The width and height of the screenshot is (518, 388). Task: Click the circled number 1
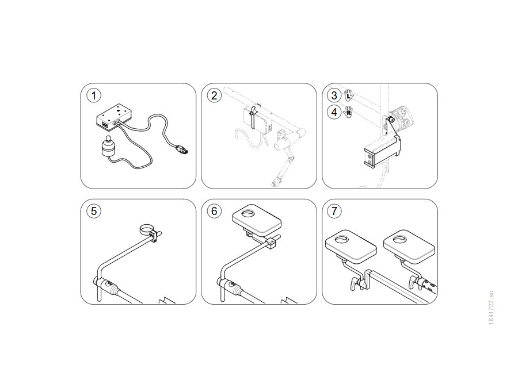(x=94, y=95)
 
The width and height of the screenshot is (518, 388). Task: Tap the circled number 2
(x=214, y=95)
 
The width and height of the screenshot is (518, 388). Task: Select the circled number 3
(x=334, y=95)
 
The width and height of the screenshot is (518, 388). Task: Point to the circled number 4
(x=334, y=112)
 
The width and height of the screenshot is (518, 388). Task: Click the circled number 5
(x=94, y=211)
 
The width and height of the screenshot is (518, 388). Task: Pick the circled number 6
(x=214, y=211)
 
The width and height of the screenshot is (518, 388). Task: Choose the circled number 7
(x=334, y=211)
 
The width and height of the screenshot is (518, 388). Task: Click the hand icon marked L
(x=349, y=95)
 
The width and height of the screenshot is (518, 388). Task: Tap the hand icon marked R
(x=348, y=112)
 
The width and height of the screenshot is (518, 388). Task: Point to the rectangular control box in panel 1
(x=114, y=116)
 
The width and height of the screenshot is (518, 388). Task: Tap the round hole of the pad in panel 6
(x=247, y=214)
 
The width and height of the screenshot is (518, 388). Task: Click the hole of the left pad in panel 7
(x=341, y=240)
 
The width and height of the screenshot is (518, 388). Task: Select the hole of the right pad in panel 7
(x=399, y=240)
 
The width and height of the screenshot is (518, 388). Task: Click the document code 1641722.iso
(x=492, y=308)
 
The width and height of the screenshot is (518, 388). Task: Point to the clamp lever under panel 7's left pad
(x=355, y=284)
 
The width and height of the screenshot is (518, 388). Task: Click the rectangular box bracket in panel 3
(x=382, y=152)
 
